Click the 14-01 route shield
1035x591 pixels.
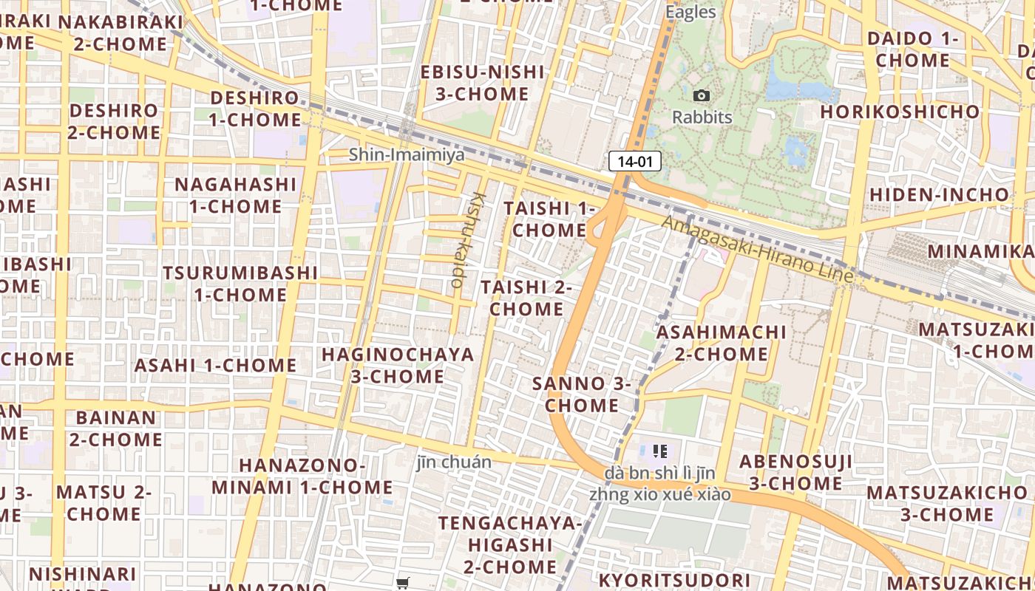pos(634,161)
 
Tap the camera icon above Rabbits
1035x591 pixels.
pos(702,95)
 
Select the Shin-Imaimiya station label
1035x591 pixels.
pos(407,154)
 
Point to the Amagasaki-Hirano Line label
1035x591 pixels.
pos(757,249)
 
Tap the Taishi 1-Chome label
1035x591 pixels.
pos(549,219)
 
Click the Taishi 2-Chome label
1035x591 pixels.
pos(526,298)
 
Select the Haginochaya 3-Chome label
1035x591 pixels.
pos(398,365)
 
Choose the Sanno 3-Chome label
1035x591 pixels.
pos(582,394)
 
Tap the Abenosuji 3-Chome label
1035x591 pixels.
pos(796,473)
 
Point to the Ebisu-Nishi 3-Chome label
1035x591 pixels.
pos(482,83)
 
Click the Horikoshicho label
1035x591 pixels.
pos(900,112)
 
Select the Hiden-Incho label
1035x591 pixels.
pos(939,194)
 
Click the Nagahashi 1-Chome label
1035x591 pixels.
pos(235,195)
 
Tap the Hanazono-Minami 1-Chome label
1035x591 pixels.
pos(302,476)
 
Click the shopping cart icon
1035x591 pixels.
pos(403,584)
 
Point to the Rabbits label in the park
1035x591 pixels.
pos(702,117)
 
